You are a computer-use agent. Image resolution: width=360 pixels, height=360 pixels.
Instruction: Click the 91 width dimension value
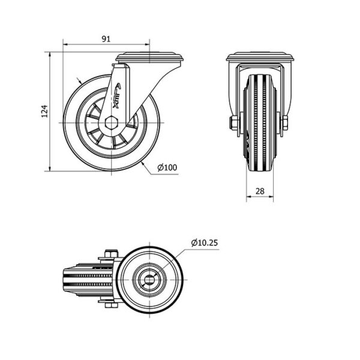[x=106, y=39]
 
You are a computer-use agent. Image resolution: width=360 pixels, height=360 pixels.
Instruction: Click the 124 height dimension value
[x=44, y=112]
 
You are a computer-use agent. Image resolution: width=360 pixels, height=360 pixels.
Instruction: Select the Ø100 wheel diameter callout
[x=167, y=167]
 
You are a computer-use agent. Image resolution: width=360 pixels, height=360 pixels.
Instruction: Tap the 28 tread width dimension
[x=260, y=191]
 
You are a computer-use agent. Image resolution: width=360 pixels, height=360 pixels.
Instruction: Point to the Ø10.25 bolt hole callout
[x=205, y=242]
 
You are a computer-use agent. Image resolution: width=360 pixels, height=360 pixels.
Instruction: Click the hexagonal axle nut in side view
[x=112, y=123]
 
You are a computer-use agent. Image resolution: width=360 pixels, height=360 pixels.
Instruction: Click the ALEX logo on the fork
[x=117, y=95]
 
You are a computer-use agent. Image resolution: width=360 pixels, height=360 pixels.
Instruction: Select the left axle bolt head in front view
[x=233, y=123]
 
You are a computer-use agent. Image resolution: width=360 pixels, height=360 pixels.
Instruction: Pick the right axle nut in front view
[x=284, y=123]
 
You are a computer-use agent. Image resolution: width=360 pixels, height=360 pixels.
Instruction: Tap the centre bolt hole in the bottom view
[x=149, y=280]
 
